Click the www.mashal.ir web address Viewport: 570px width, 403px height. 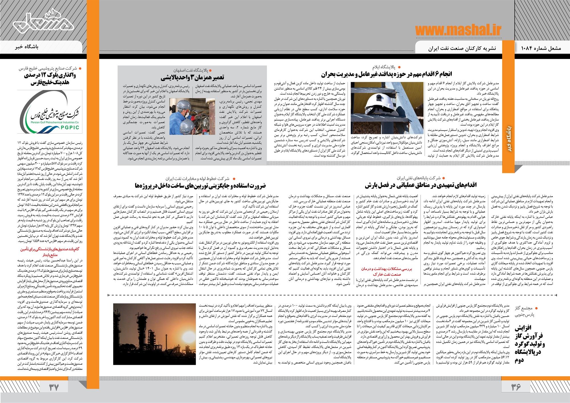tap(458, 30)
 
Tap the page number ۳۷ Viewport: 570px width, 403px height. tap(54, 387)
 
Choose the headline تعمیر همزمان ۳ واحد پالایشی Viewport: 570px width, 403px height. tap(193, 77)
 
